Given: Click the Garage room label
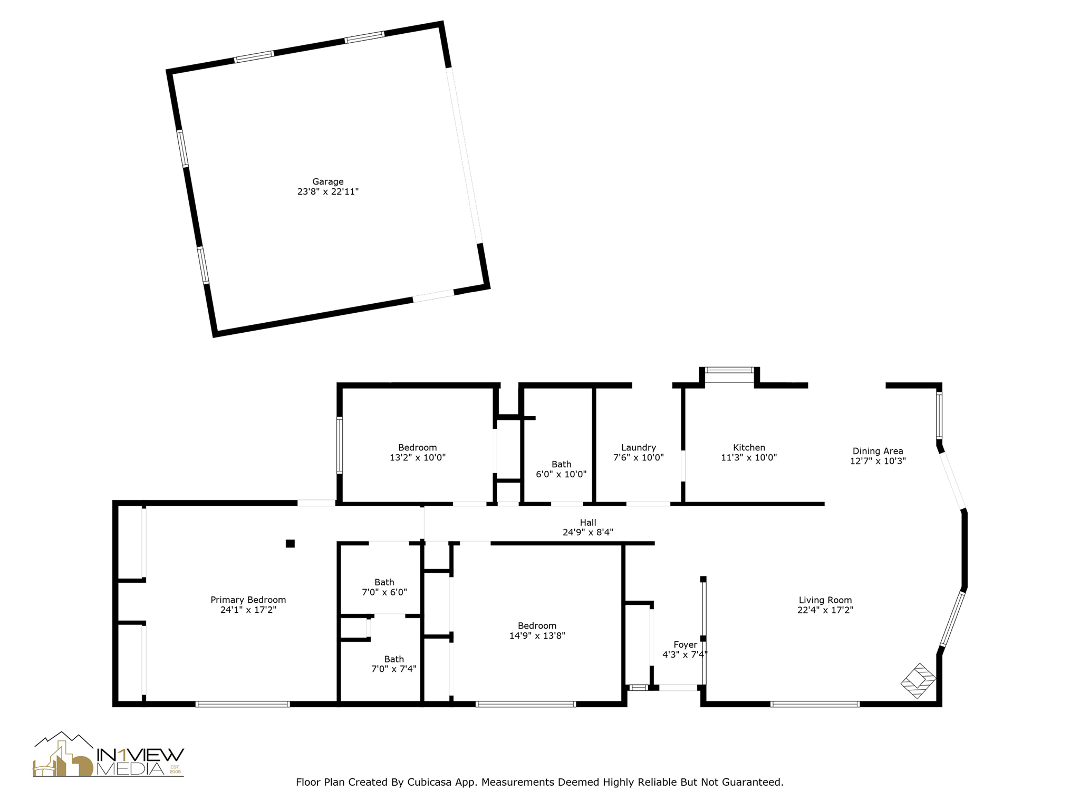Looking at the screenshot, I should pos(327,181).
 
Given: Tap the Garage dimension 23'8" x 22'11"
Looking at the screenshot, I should pos(327,191).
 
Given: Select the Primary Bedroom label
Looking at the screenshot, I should pos(248,600).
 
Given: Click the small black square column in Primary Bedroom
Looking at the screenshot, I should pos(290,544).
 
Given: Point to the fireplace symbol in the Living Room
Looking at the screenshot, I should pos(918,681).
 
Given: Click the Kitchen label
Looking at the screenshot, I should pos(749,448).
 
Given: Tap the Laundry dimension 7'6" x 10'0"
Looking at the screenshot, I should pos(638,458).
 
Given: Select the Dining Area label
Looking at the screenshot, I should pos(877,451).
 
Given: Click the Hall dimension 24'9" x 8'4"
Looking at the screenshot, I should pos(587,533).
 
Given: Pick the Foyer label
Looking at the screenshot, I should pos(685,644).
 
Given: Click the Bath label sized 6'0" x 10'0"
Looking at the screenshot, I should pos(561,464).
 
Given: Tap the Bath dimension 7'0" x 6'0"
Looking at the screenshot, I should pos(384,592).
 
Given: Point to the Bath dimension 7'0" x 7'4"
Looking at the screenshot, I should pos(393,669).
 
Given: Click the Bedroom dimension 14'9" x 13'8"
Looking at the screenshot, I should pos(537,636).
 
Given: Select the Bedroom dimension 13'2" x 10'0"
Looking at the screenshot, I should pos(417,458).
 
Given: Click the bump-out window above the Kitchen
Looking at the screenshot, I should pos(729,370).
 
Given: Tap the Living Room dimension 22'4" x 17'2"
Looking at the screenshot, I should pos(825,610).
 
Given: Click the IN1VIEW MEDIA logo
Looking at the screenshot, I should pos(109,755).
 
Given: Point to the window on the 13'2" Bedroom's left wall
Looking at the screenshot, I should pos(340,445).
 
